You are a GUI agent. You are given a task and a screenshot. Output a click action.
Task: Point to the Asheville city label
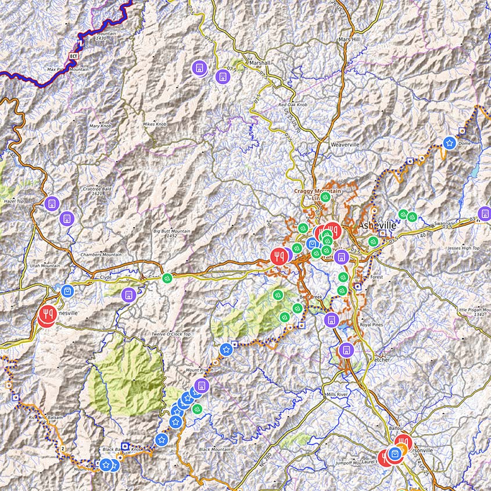[x=377, y=225]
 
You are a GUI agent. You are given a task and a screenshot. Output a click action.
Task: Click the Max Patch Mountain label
[x=67, y=70]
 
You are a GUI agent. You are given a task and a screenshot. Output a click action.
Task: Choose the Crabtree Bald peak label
[x=96, y=189]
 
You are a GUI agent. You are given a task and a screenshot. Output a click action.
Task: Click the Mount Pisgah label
[x=199, y=370]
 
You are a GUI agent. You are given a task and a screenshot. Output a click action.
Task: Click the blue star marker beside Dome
[x=449, y=142]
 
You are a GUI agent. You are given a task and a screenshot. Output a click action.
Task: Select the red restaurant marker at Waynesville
[x=48, y=314]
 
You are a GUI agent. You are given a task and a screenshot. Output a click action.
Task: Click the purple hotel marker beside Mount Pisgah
[x=201, y=385]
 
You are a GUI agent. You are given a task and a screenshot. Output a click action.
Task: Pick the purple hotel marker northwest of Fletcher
[x=346, y=350]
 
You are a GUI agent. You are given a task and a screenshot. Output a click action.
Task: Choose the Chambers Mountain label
[x=101, y=255]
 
